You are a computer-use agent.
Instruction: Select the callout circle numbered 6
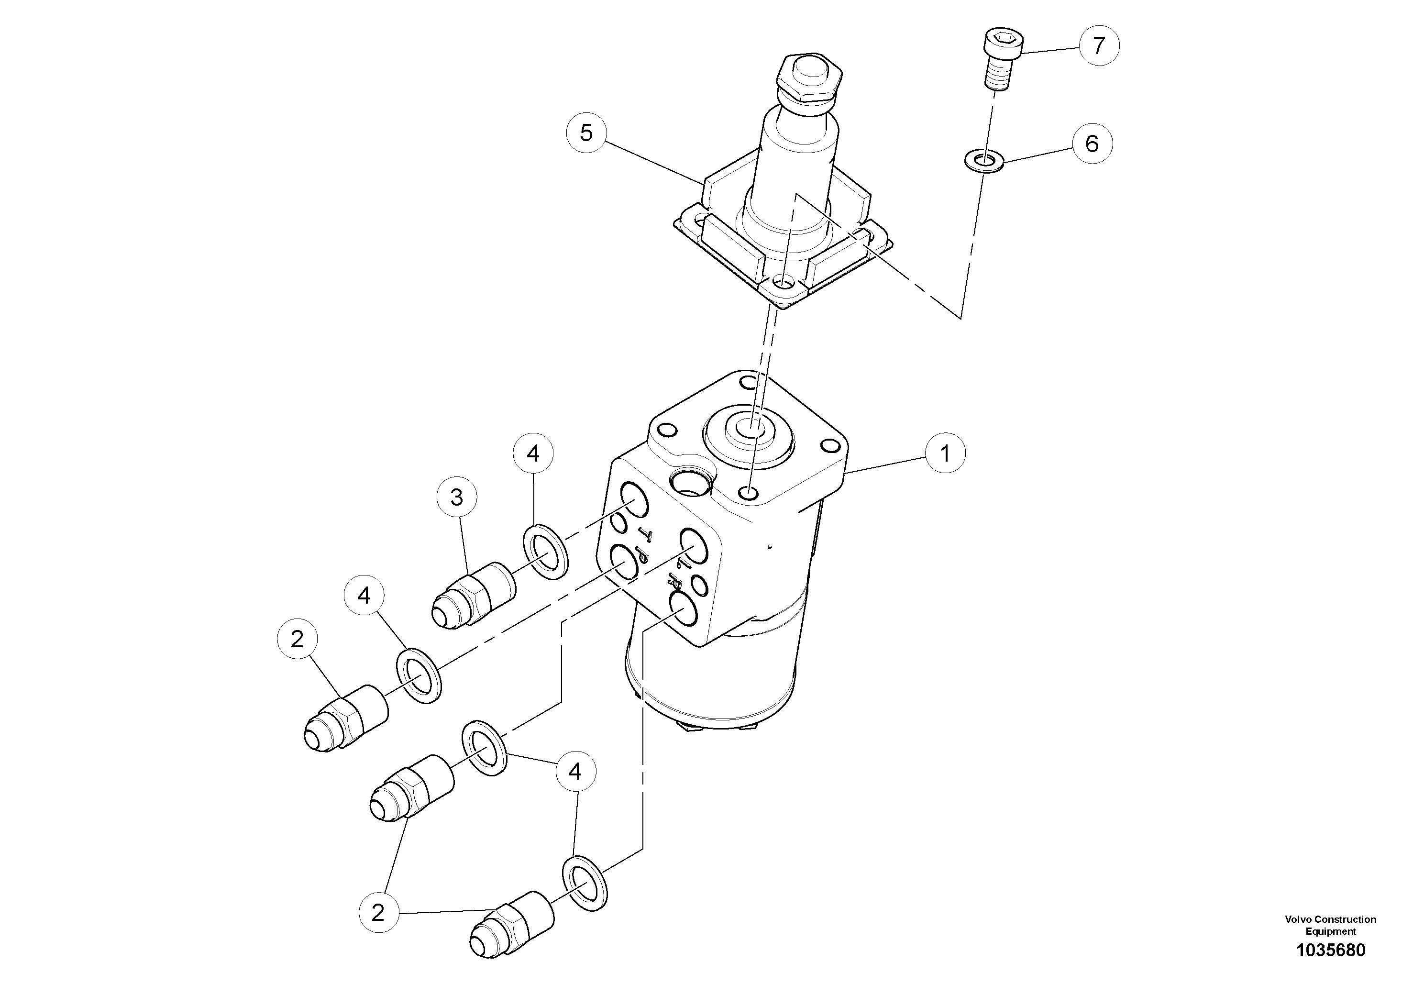pos(1092,144)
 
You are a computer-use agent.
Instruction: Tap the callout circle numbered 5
pos(586,132)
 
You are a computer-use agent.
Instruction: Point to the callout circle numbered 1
pos(945,454)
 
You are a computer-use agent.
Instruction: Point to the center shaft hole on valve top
pos(750,427)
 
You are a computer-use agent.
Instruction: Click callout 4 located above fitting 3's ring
pos(533,454)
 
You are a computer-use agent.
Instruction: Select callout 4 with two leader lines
pos(575,772)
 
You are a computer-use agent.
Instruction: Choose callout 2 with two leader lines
pos(378,912)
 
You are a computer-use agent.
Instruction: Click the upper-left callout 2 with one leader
pos(297,638)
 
